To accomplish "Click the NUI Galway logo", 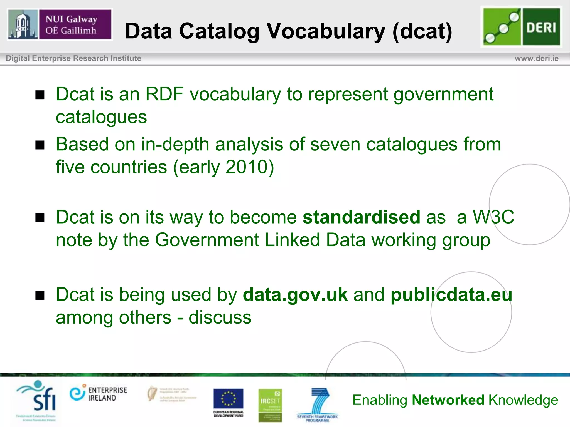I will coord(60,24).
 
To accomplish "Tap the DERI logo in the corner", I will coord(521,27).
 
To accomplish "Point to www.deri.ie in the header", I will coord(536,58).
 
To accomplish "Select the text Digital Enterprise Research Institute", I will coord(73,58).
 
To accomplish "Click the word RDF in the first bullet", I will coord(164,94).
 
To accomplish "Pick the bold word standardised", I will coord(361,217).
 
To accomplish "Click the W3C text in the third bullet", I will coord(493,217).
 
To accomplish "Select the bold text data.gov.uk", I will coord(295,295).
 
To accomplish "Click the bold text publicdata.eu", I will coord(451,295).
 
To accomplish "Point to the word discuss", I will coord(220,317).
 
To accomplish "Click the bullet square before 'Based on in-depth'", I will coord(40,145).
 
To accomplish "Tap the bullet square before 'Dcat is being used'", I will coord(40,296).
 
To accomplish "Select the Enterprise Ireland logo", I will coord(98,394).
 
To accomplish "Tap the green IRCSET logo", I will coord(270,405).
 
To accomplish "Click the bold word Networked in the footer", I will coord(448,400).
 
